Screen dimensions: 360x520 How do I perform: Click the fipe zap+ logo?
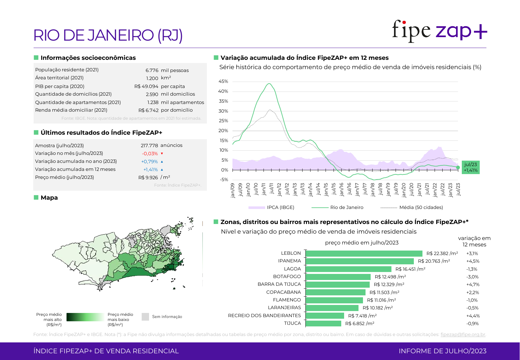pyautogui.click(x=439, y=31)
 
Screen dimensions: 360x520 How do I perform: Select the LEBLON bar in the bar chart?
pyautogui.click(x=364, y=253)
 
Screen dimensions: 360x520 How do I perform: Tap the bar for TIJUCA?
pyautogui.click(x=323, y=324)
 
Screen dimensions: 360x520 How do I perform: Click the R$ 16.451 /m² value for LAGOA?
pyautogui.click(x=410, y=269)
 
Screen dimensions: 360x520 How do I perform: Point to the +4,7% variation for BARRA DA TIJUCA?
pyautogui.click(x=473, y=284)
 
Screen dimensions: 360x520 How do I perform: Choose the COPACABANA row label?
pyautogui.click(x=283, y=292)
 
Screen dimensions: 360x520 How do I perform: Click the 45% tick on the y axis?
pyautogui.click(x=223, y=82)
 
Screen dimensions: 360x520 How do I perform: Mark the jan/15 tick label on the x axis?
pyautogui.click(x=326, y=189)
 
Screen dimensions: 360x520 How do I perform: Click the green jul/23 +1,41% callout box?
pyautogui.click(x=470, y=167)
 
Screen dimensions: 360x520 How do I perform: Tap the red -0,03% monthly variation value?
pyautogui.click(x=150, y=154)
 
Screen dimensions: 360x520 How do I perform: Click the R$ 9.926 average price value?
pyautogui.click(x=148, y=178)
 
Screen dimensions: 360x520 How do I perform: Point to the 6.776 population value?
pyautogui.click(x=152, y=70)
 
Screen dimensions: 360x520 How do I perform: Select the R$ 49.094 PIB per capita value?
pyautogui.click(x=146, y=86)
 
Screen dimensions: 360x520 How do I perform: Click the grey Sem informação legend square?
pyautogui.click(x=145, y=317)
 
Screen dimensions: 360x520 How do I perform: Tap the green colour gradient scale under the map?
pyautogui.click(x=85, y=317)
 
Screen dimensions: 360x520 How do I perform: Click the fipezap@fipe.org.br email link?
pyautogui.click(x=463, y=334)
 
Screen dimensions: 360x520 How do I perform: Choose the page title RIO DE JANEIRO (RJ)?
pyautogui.click(x=108, y=35)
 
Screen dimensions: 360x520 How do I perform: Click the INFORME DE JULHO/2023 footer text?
pyautogui.click(x=442, y=351)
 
